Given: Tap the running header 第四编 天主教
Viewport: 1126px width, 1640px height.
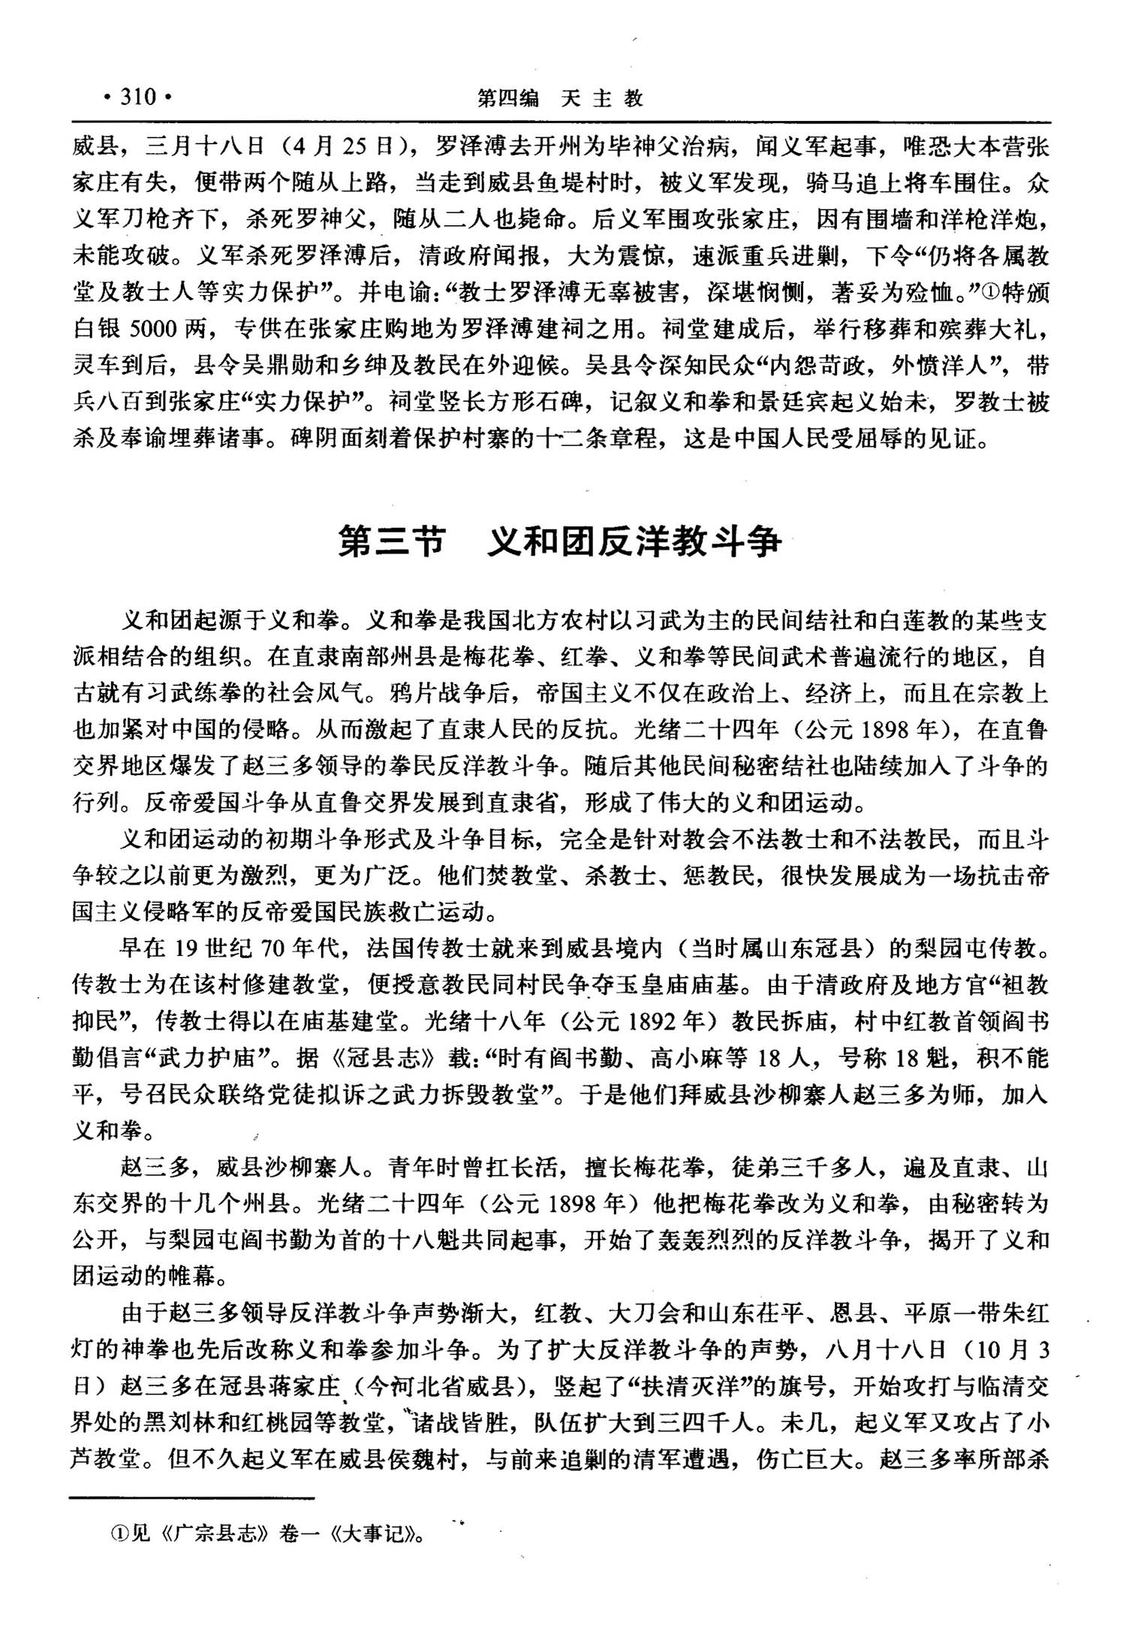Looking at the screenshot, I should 561,98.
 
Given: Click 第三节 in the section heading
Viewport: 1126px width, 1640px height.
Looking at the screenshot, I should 392,541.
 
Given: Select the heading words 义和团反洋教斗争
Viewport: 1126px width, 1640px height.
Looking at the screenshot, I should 634,541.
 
